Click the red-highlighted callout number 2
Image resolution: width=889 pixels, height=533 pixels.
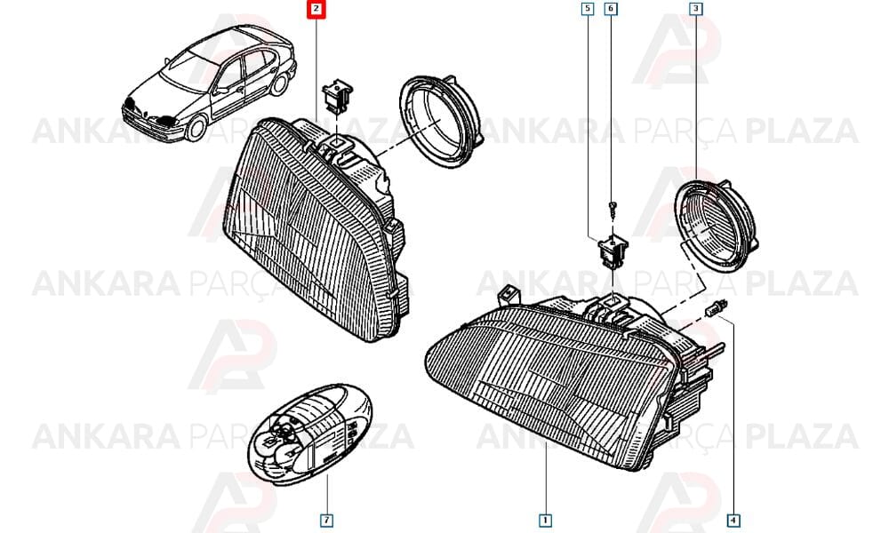point(316,9)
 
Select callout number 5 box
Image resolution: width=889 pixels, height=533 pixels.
point(588,9)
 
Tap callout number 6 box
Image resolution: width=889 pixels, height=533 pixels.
point(610,9)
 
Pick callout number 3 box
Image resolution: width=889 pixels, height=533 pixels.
point(696,9)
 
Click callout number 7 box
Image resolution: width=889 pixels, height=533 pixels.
point(326,520)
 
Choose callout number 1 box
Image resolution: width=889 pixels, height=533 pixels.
point(545,520)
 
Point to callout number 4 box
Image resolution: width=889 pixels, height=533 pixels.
point(733,520)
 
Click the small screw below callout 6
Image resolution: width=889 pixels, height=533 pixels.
point(612,209)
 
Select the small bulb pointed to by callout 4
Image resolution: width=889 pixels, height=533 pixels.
point(711,310)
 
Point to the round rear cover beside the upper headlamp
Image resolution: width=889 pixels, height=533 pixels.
point(440,121)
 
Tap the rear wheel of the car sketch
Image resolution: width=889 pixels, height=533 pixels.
point(279,83)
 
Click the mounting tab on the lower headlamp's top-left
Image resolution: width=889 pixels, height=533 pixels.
point(509,294)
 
